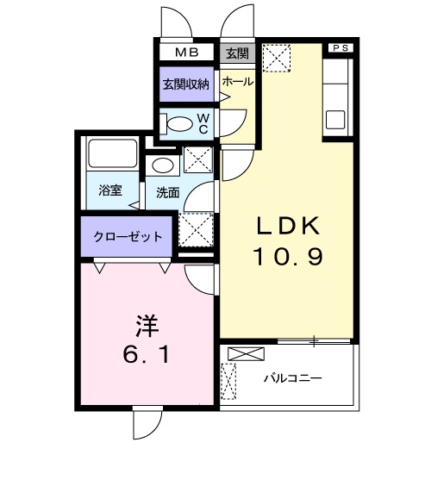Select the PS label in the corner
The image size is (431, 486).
(339, 47)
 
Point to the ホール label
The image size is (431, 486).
(237, 82)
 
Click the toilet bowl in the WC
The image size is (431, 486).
(179, 121)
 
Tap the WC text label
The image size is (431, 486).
(203, 122)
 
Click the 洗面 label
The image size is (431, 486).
(168, 193)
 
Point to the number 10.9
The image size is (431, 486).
(287, 257)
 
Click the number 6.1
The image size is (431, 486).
(147, 354)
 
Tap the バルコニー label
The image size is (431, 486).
(292, 377)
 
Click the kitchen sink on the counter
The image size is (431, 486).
(335, 117)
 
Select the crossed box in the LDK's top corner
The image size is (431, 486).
(276, 59)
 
